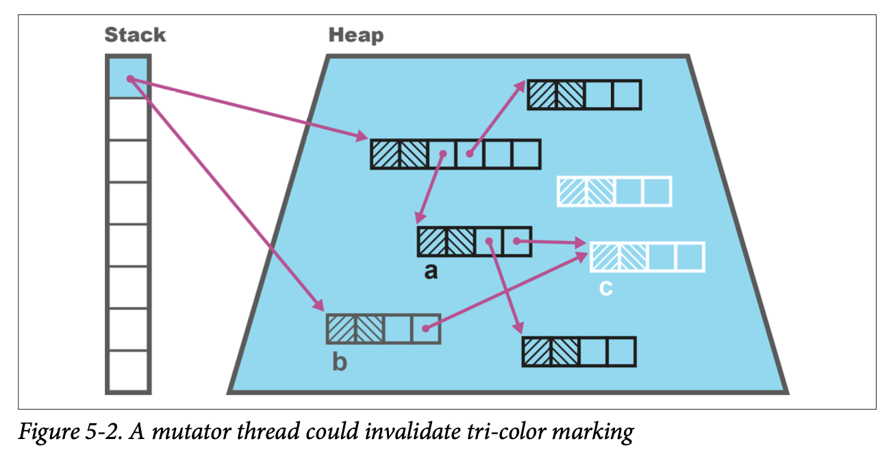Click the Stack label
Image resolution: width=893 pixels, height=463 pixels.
pyautogui.click(x=135, y=35)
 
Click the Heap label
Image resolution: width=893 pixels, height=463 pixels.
pyautogui.click(x=355, y=35)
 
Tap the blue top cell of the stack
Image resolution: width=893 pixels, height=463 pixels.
pyautogui.click(x=127, y=76)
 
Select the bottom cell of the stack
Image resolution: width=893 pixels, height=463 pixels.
pyautogui.click(x=127, y=372)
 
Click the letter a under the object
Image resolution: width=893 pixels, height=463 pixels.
pyautogui.click(x=430, y=272)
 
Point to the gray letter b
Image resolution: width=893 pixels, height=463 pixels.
pyautogui.click(x=339, y=361)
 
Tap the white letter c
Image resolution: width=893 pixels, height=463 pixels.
pyautogui.click(x=605, y=288)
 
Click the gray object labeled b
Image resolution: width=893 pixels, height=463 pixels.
pyautogui.click(x=383, y=329)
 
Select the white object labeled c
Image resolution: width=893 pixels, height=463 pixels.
pyautogui.click(x=647, y=257)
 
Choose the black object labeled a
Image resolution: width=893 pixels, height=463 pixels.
pyautogui.click(x=474, y=242)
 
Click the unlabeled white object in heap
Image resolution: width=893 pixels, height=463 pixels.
pyautogui.click(x=614, y=191)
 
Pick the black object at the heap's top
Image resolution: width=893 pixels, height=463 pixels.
pyautogui.click(x=583, y=95)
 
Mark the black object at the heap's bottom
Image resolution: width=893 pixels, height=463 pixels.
pyautogui.click(x=579, y=351)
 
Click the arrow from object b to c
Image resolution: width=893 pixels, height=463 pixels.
pyautogui.click(x=507, y=291)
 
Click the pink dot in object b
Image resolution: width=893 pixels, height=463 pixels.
pyautogui.click(x=425, y=329)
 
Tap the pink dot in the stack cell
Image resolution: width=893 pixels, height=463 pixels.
pyautogui.click(x=129, y=79)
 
